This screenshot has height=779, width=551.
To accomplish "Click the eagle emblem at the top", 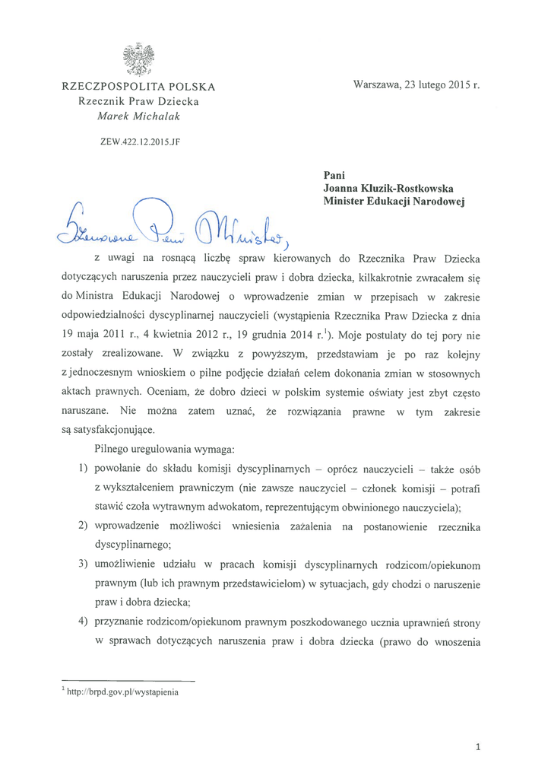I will coord(139,59).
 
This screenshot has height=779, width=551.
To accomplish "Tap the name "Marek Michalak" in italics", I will coord(138,116).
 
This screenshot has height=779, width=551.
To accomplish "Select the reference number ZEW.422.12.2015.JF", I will coord(138,141).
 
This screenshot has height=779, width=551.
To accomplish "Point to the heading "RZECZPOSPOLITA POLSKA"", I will coord(138,87).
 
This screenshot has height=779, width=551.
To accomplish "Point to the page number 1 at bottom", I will coord(477,747).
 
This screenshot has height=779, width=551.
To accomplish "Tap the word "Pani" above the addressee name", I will coord(334,175).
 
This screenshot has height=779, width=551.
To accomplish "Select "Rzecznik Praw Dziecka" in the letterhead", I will coord(138,101).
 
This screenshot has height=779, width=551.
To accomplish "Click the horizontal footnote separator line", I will coord(128,680).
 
